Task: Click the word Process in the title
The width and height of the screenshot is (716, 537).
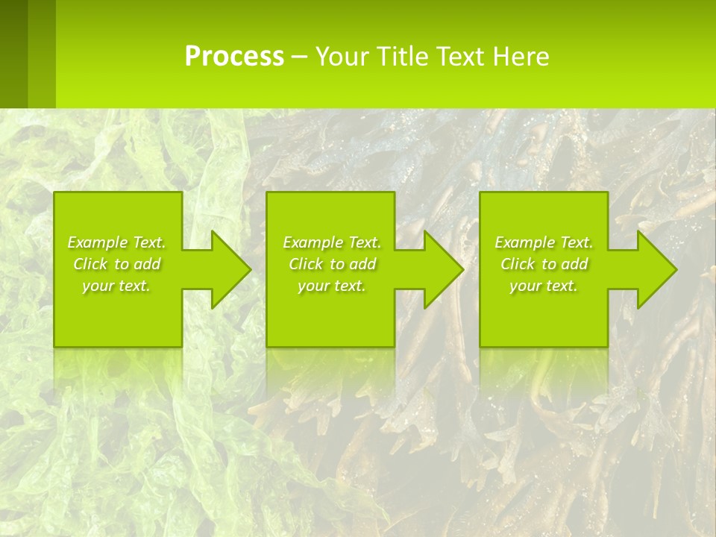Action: pyautogui.click(x=234, y=57)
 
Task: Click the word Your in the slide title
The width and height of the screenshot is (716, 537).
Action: pyautogui.click(x=341, y=57)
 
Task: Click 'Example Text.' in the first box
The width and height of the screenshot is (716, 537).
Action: pyautogui.click(x=116, y=242)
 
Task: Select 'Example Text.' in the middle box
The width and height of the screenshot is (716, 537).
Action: pyautogui.click(x=331, y=242)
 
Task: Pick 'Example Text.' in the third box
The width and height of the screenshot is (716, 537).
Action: pyautogui.click(x=544, y=242)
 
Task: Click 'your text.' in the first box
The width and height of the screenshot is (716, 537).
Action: pyautogui.click(x=116, y=286)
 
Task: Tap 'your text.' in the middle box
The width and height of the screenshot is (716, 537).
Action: pyautogui.click(x=331, y=286)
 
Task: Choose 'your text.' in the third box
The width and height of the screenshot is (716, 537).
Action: pyautogui.click(x=544, y=286)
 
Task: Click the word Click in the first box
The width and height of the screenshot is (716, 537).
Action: pyautogui.click(x=90, y=264)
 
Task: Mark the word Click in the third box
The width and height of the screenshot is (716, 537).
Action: pyautogui.click(x=518, y=264)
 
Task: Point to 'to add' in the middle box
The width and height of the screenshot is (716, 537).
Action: pyautogui.click(x=354, y=264)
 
